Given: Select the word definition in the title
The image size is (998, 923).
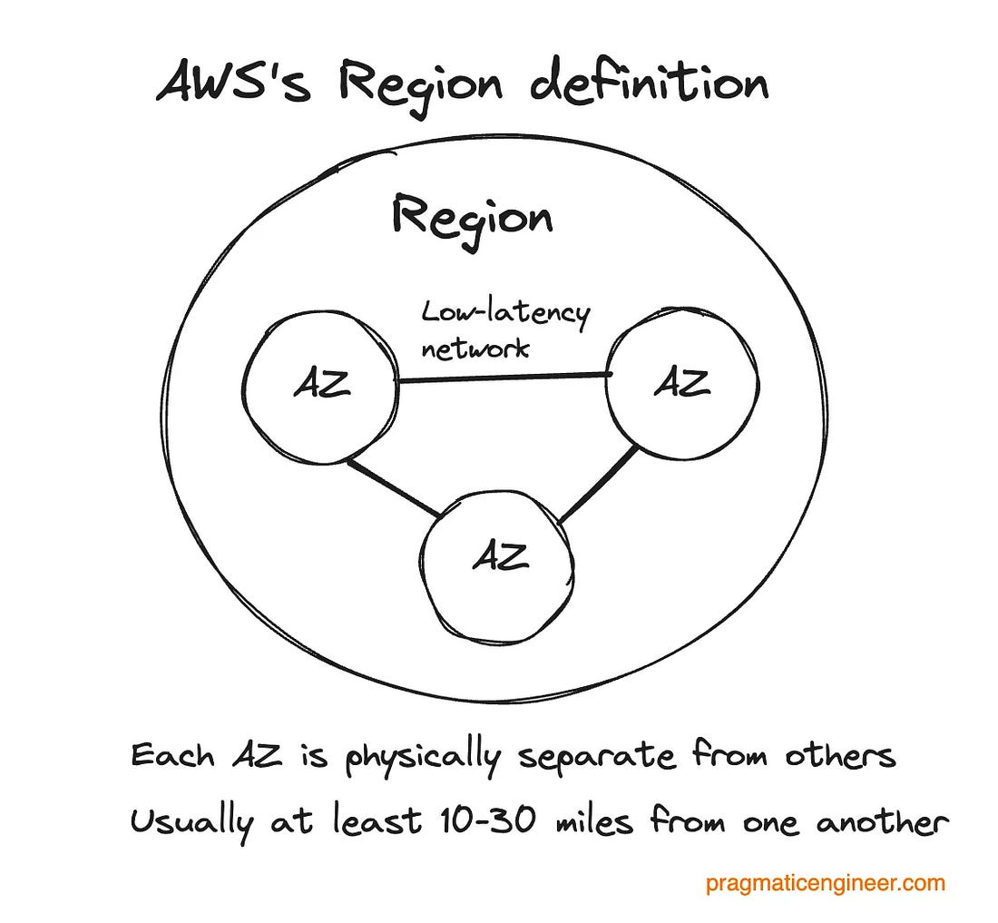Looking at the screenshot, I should click(649, 83).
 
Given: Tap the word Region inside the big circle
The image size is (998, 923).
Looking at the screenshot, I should click(472, 217).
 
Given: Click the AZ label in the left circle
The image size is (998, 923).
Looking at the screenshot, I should click(321, 387).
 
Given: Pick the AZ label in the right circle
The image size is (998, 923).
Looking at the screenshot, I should click(682, 384).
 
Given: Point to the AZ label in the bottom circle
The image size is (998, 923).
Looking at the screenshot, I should click(500, 555).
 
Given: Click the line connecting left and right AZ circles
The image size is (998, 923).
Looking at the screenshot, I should click(504, 378).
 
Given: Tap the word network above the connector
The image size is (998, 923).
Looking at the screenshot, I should click(475, 349).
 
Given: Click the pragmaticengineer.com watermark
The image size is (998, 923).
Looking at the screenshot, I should click(826, 883).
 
